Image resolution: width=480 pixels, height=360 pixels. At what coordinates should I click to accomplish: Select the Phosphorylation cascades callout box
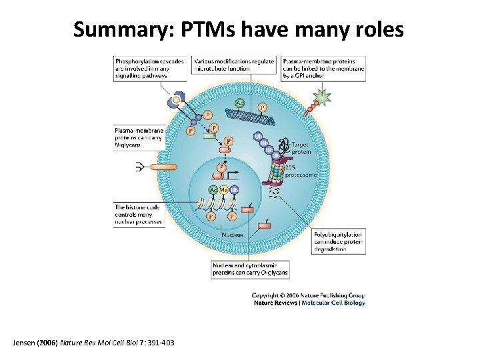point(151,67)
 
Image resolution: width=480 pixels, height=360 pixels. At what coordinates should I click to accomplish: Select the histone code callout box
point(138,214)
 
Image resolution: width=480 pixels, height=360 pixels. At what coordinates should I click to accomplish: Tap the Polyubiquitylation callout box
point(339,241)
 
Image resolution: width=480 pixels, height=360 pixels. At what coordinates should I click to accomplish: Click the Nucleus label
point(232,235)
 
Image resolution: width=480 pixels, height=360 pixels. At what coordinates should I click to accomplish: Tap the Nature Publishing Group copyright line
point(308,295)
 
